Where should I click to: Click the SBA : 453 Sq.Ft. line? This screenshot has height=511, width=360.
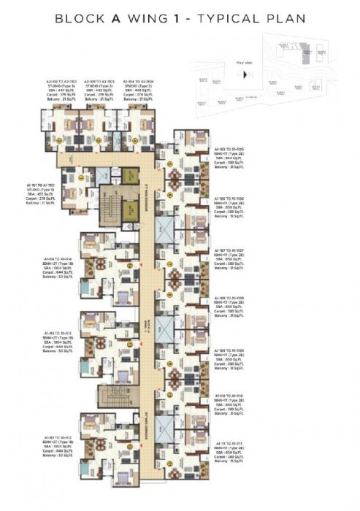pyautogui.click(x=41, y=195)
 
